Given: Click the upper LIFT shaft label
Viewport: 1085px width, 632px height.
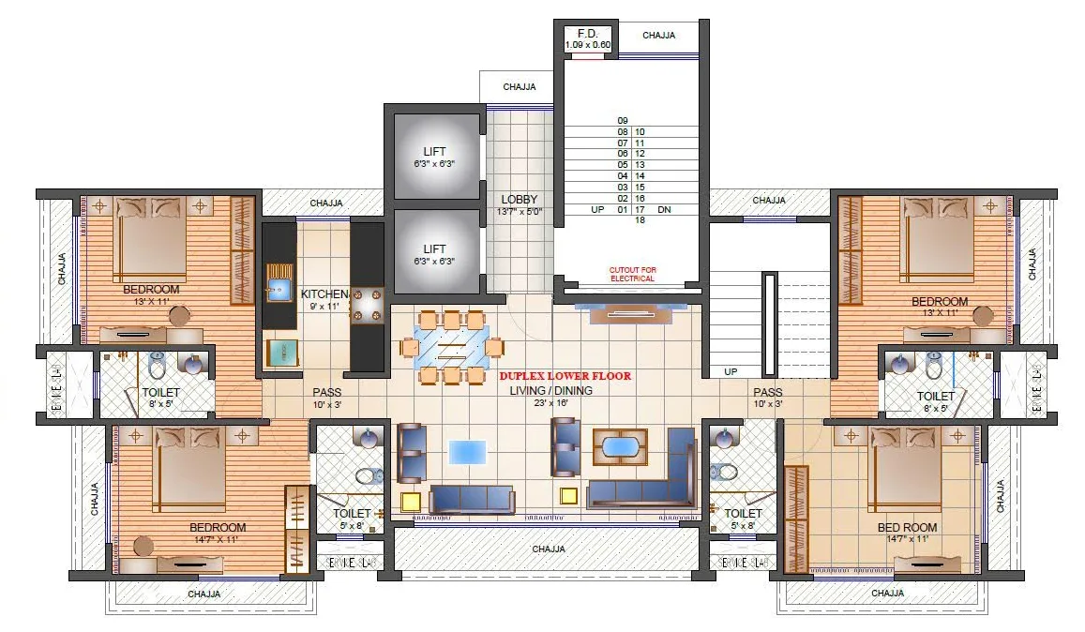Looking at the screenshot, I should click(434, 152).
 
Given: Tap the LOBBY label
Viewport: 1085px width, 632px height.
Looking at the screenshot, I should click(519, 200).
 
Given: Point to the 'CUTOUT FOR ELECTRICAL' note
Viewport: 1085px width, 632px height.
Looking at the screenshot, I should click(633, 274).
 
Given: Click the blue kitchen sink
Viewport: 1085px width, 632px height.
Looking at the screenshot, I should click(279, 288).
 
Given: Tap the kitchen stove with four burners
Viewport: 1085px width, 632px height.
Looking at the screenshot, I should click(368, 305).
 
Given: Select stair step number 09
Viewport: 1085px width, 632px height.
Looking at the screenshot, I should click(622, 121).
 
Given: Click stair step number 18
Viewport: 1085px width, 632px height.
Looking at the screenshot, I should click(640, 220).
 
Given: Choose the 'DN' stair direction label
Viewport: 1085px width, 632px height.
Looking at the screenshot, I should click(664, 210).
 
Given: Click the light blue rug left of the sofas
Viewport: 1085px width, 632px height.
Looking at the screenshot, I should click(467, 452).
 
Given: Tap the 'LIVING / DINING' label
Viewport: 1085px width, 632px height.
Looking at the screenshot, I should click(550, 391).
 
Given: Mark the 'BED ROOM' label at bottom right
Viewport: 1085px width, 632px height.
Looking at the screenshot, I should click(907, 528).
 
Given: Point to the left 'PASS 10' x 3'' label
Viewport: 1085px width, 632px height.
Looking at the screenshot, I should click(326, 399).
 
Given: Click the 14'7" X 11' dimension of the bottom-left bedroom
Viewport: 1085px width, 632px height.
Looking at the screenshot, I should click(218, 540).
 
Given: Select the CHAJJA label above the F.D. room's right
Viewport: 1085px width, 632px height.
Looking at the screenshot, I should click(658, 36).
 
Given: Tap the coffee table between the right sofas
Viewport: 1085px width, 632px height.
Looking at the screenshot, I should click(620, 446).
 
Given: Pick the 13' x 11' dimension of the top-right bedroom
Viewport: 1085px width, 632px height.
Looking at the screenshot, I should click(940, 313).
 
